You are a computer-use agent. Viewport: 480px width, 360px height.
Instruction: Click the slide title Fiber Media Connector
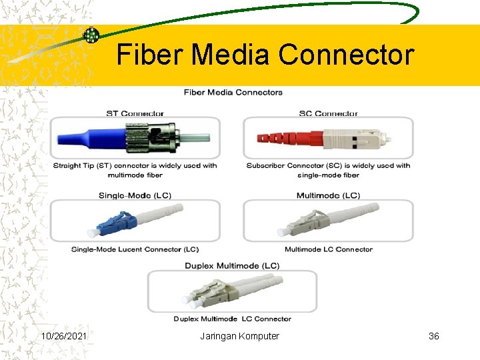[265, 54]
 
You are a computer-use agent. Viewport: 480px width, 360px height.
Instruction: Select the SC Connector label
[328, 113]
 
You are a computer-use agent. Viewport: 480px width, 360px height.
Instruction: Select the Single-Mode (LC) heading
[135, 195]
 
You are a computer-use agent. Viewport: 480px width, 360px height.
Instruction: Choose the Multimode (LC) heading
[328, 195]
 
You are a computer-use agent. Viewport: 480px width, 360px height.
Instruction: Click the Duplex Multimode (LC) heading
[232, 265]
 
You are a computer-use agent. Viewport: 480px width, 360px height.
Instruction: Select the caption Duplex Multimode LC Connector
[233, 319]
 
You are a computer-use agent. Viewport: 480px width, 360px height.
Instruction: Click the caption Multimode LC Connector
[329, 249]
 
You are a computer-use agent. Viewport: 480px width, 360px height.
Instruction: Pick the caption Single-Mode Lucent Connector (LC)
[135, 249]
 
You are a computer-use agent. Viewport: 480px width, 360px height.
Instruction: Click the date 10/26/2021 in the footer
[64, 336]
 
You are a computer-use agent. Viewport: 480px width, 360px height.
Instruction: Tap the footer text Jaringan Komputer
[239, 336]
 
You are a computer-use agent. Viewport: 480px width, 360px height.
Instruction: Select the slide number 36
[433, 336]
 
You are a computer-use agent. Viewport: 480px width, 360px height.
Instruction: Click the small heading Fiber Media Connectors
[233, 92]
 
